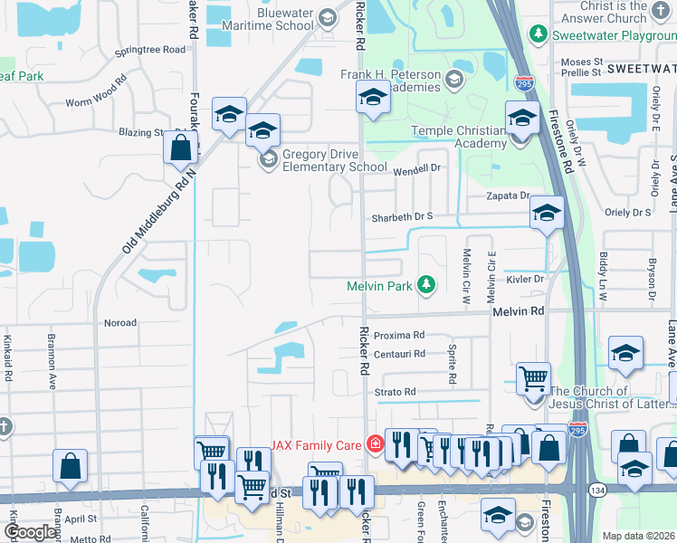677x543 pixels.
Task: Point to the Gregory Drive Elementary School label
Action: tap(335, 160)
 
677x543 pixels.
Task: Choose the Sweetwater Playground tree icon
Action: tap(539, 33)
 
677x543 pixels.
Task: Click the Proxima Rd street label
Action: tap(399, 334)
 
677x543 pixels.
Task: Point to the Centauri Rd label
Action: tap(399, 354)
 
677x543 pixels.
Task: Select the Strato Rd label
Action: tap(396, 392)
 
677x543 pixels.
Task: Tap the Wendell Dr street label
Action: tap(416, 168)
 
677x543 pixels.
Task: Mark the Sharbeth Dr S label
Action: tap(404, 217)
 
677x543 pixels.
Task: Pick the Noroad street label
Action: tap(120, 322)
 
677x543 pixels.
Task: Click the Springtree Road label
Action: tap(150, 49)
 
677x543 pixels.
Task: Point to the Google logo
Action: tap(30, 532)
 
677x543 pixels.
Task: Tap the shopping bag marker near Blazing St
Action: tap(181, 148)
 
